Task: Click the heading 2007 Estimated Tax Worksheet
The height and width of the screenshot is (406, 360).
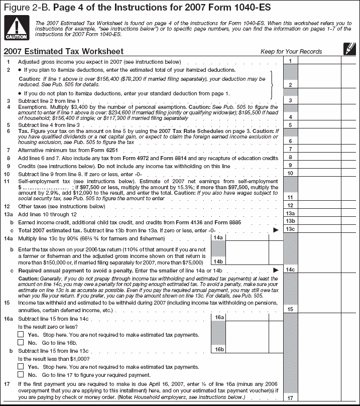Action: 63,52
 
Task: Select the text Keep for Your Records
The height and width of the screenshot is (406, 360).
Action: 291,52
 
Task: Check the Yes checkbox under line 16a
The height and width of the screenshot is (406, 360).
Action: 21,334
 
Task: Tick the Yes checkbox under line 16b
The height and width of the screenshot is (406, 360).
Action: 21,367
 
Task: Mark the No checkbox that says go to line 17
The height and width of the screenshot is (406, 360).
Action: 21,374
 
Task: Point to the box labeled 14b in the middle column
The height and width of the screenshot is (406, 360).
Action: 218,261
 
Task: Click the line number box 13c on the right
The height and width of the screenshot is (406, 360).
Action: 290,229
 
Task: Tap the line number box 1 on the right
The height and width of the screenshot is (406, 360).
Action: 290,61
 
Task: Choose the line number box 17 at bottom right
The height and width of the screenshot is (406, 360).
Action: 290,398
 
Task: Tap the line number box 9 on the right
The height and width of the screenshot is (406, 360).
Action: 290,165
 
